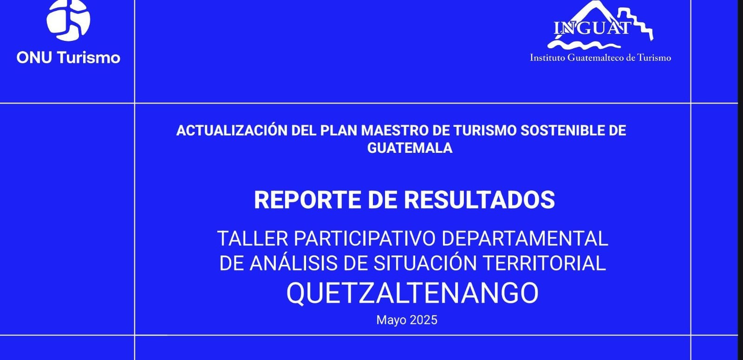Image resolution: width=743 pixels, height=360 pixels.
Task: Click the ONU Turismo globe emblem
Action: tap(68, 20)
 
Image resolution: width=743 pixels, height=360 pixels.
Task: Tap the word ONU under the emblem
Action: tap(34, 58)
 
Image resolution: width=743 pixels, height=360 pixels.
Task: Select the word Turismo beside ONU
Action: tap(89, 58)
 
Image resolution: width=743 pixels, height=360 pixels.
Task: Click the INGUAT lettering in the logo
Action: tap(593, 28)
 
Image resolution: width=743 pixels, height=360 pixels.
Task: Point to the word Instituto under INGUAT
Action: tap(547, 58)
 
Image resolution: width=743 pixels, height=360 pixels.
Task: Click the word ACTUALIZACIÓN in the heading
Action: tap(232, 130)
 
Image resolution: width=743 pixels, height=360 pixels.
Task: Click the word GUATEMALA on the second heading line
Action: tap(410, 148)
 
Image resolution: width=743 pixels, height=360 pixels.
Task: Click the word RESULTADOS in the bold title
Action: tap(479, 200)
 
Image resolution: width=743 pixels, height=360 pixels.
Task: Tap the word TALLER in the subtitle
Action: tap(253, 239)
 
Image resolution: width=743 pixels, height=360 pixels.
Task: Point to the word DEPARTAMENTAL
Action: tap(525, 239)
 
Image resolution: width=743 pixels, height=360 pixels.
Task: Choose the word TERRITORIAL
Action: tap(544, 263)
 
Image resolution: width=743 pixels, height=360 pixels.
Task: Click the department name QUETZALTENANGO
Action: tap(412, 293)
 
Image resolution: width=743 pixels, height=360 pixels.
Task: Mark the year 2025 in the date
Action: tap(424, 320)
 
